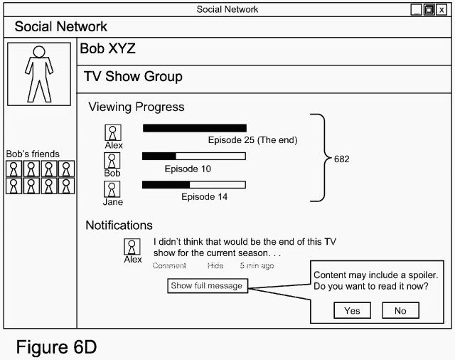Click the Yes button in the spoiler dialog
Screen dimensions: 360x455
pos(352,310)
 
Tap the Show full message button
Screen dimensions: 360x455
pos(207,286)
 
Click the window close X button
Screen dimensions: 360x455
pos(441,10)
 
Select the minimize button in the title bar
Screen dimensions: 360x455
pos(417,10)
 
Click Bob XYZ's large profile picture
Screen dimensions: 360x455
pos(39,74)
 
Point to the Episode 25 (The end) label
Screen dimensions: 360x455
pos(252,140)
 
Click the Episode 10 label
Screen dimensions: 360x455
pos(188,169)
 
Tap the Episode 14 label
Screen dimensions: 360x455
pos(204,197)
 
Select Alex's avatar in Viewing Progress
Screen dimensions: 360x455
pos(113,132)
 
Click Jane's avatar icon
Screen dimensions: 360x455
pos(113,189)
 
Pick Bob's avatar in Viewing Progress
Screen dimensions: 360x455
pos(113,160)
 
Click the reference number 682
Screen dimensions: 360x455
pos(341,159)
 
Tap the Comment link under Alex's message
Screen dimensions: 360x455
pos(169,266)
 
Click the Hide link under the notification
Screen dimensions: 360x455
pos(215,266)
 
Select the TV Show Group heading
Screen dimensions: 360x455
pos(133,77)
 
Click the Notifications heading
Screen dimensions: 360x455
pos(119,226)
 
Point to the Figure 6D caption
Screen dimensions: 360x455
pos(55,348)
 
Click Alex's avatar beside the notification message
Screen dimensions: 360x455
pos(132,247)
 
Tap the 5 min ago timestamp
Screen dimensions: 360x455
pos(256,266)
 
